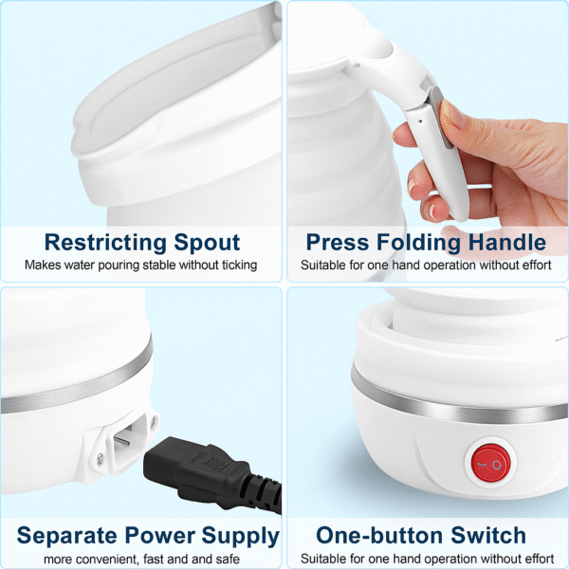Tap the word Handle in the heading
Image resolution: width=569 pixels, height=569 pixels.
coord(512,242)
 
